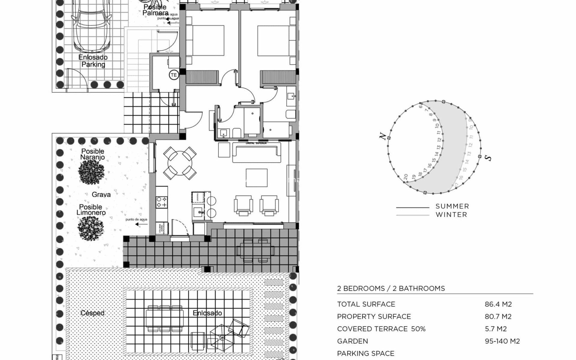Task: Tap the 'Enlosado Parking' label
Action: coord(93,61)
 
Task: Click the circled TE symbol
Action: coord(174,75)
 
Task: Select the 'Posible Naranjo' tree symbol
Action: coord(91,172)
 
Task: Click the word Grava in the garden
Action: coord(101,195)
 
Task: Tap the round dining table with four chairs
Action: coord(180,163)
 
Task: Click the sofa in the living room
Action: coord(256,153)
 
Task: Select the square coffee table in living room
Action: coord(256,178)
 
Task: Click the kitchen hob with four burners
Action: coord(162,202)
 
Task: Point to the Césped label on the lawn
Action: coord(92,313)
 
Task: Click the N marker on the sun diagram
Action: coord(382,136)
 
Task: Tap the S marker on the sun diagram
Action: coord(488,158)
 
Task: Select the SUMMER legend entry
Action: coord(452,206)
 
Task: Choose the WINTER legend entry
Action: coord(451,215)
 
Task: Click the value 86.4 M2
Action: coord(498,304)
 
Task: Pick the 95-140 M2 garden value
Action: coord(502,341)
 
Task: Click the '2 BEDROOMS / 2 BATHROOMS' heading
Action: coord(391,289)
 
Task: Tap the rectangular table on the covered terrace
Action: coord(255,250)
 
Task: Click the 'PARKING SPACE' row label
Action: coord(366,353)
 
